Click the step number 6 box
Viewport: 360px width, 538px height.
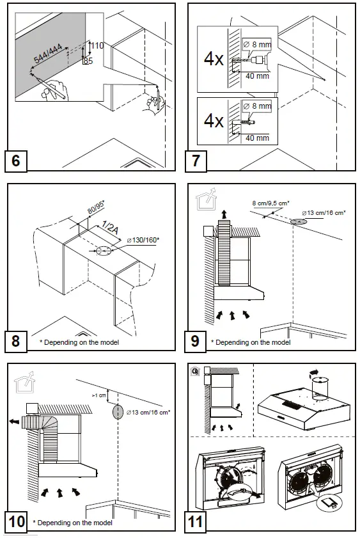click(x=16, y=160)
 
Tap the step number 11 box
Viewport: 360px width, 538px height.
click(x=196, y=521)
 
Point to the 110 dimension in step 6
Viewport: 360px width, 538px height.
click(x=97, y=46)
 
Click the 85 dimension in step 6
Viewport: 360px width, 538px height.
click(x=88, y=61)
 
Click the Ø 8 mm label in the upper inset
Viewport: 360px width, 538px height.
click(x=258, y=44)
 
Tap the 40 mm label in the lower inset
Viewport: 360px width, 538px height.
click(x=257, y=138)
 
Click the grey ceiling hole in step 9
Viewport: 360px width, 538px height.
click(x=297, y=222)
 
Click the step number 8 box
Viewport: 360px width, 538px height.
click(x=16, y=341)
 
